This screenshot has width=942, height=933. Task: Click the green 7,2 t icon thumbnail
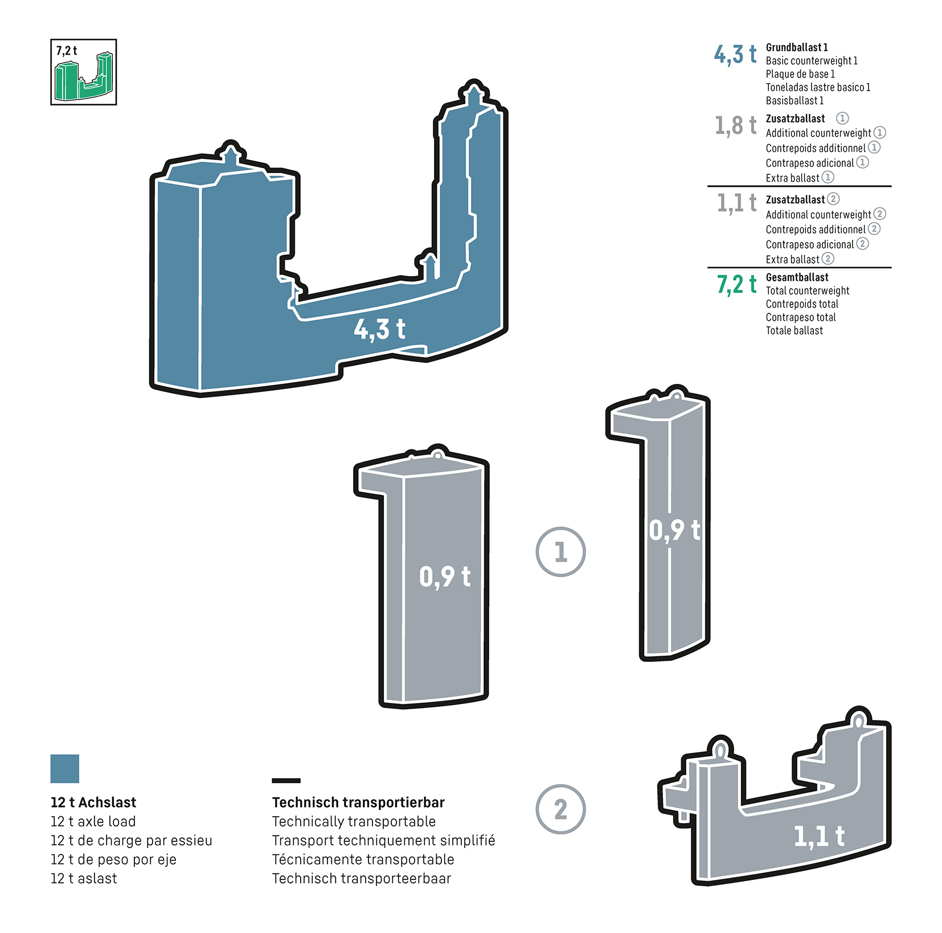83,72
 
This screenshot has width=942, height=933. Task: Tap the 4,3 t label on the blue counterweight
379,329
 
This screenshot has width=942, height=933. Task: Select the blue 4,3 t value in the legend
735,55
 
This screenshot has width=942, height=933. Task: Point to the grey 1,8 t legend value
735,125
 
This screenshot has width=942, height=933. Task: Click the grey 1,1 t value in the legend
736,203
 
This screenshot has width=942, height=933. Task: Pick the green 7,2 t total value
736,284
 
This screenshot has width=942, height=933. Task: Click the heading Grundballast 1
796,47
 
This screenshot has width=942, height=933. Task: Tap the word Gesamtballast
797,277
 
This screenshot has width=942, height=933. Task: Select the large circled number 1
560,551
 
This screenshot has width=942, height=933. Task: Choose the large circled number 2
560,809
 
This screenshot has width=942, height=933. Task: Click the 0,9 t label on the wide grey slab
445,576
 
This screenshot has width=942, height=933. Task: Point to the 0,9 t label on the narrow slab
674,530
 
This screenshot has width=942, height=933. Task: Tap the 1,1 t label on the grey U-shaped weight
819,837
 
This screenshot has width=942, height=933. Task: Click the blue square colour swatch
65,768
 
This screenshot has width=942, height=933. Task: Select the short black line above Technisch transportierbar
286,780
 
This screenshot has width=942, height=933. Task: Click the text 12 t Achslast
93,803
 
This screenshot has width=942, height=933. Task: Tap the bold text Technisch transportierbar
358,803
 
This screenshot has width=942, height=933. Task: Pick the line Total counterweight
807,290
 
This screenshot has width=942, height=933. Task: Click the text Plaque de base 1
800,74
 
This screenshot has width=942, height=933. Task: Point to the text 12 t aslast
84,878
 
